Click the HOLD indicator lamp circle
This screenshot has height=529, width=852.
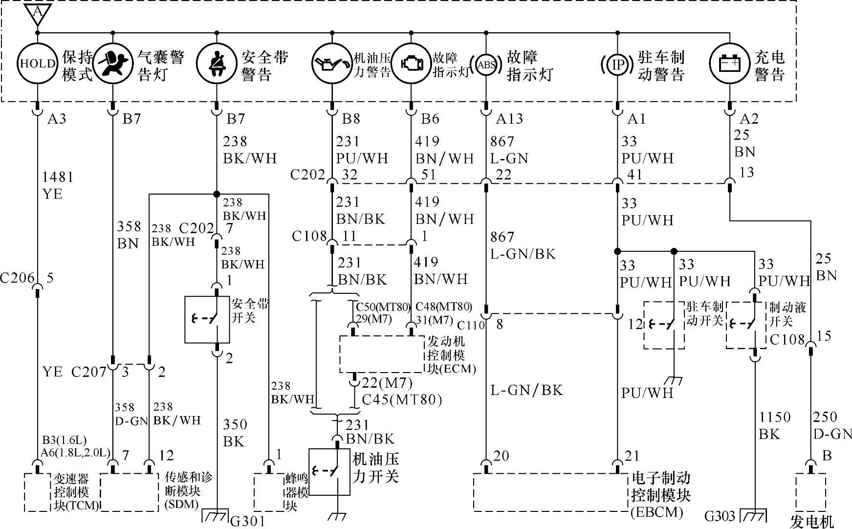37,64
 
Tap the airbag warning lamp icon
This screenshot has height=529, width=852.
113,64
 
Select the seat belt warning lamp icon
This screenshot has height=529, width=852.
216,64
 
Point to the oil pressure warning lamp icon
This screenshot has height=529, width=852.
332,64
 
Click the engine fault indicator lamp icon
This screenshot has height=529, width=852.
411,64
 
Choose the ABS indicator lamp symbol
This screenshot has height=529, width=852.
486,64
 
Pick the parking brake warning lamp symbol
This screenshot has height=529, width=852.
617,64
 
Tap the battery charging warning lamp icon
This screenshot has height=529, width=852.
730,64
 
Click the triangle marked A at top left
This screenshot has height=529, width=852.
37,13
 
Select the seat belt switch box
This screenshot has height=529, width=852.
207,319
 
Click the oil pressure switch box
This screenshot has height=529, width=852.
329,472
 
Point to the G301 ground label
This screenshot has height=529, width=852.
247,521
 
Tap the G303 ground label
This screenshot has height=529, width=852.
720,516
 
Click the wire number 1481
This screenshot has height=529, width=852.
58,177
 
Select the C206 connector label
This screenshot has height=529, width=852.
18,278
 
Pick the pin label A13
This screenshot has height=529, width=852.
509,119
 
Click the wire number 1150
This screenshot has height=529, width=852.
774,417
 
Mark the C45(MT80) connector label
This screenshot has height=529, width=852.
402,400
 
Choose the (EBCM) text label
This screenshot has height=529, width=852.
656,512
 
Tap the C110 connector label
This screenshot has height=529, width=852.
471,325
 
